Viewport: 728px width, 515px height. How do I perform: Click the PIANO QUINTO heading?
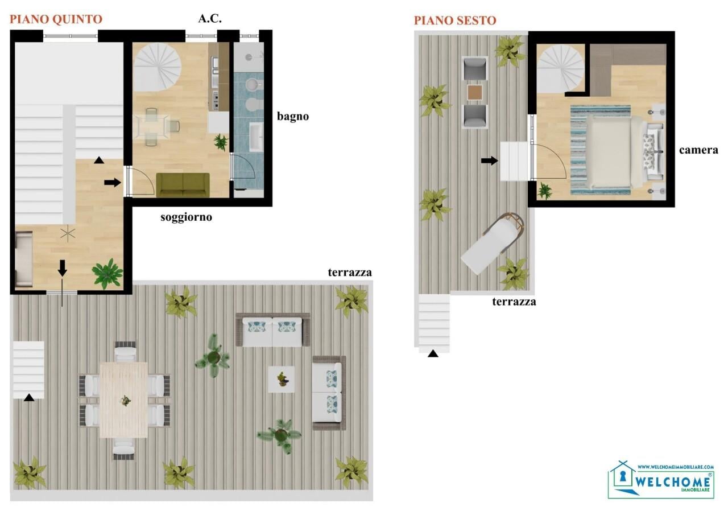click(x=56, y=19)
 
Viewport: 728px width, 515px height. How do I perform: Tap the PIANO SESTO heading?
click(x=455, y=20)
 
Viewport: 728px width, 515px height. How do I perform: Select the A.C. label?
click(x=210, y=18)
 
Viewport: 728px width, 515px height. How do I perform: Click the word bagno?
click(x=293, y=117)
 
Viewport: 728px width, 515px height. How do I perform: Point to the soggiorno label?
click(x=186, y=217)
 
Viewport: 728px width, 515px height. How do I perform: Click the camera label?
click(x=698, y=150)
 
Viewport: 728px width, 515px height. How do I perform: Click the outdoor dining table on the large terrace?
click(x=123, y=399)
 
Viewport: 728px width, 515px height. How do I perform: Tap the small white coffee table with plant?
click(x=282, y=378)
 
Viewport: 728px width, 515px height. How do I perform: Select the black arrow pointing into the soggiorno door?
click(x=113, y=183)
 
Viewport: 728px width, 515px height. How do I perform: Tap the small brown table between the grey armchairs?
click(x=475, y=92)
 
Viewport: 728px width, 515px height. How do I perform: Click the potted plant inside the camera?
click(x=545, y=191)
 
